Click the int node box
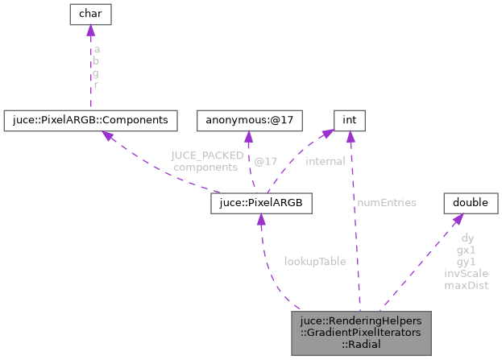(349, 120)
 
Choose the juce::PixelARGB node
(260, 202)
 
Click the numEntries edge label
(388, 202)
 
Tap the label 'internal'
(326, 161)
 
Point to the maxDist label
(467, 284)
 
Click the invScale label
(467, 273)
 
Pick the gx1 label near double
(467, 250)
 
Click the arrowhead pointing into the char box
(90, 31)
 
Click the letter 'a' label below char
(97, 49)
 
